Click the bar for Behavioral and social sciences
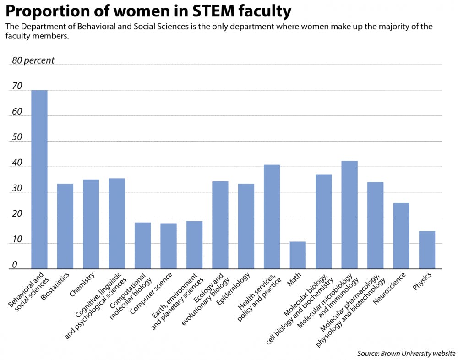click(39, 179)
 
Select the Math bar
click(298, 255)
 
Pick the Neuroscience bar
click(401, 235)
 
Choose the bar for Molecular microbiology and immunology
click(349, 215)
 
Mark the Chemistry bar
click(91, 224)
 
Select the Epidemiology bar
click(246, 226)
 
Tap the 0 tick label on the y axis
click(15, 265)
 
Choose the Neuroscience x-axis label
click(391, 289)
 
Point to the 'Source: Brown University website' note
click(406, 353)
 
